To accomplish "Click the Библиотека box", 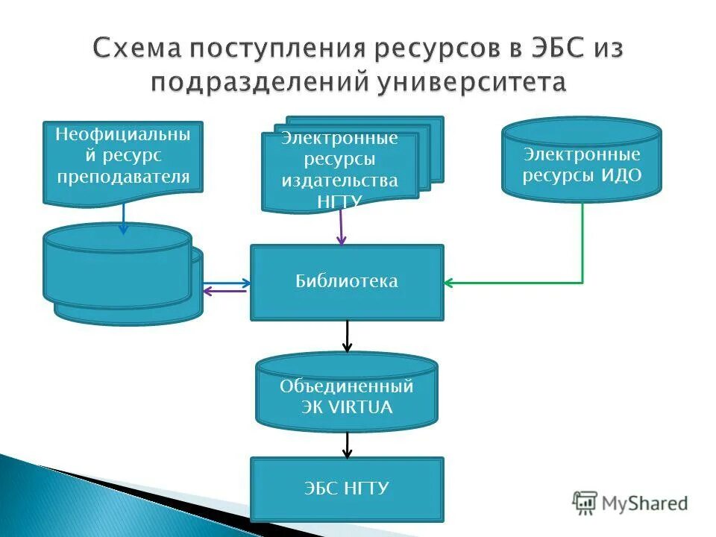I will (347, 282).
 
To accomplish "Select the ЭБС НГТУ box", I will (347, 489).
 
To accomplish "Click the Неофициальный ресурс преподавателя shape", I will (123, 160).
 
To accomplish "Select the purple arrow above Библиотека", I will (342, 227).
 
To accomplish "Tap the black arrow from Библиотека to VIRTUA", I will (347, 336).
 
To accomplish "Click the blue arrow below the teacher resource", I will (124, 218).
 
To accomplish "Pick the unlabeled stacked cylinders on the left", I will (119, 272).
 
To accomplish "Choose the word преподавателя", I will (123, 176).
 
